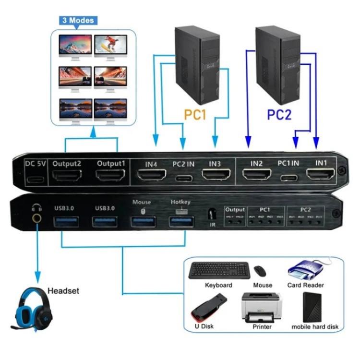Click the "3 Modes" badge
77,20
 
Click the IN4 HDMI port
151,179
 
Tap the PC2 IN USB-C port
183,180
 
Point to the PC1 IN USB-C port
288,180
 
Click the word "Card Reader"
305,285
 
